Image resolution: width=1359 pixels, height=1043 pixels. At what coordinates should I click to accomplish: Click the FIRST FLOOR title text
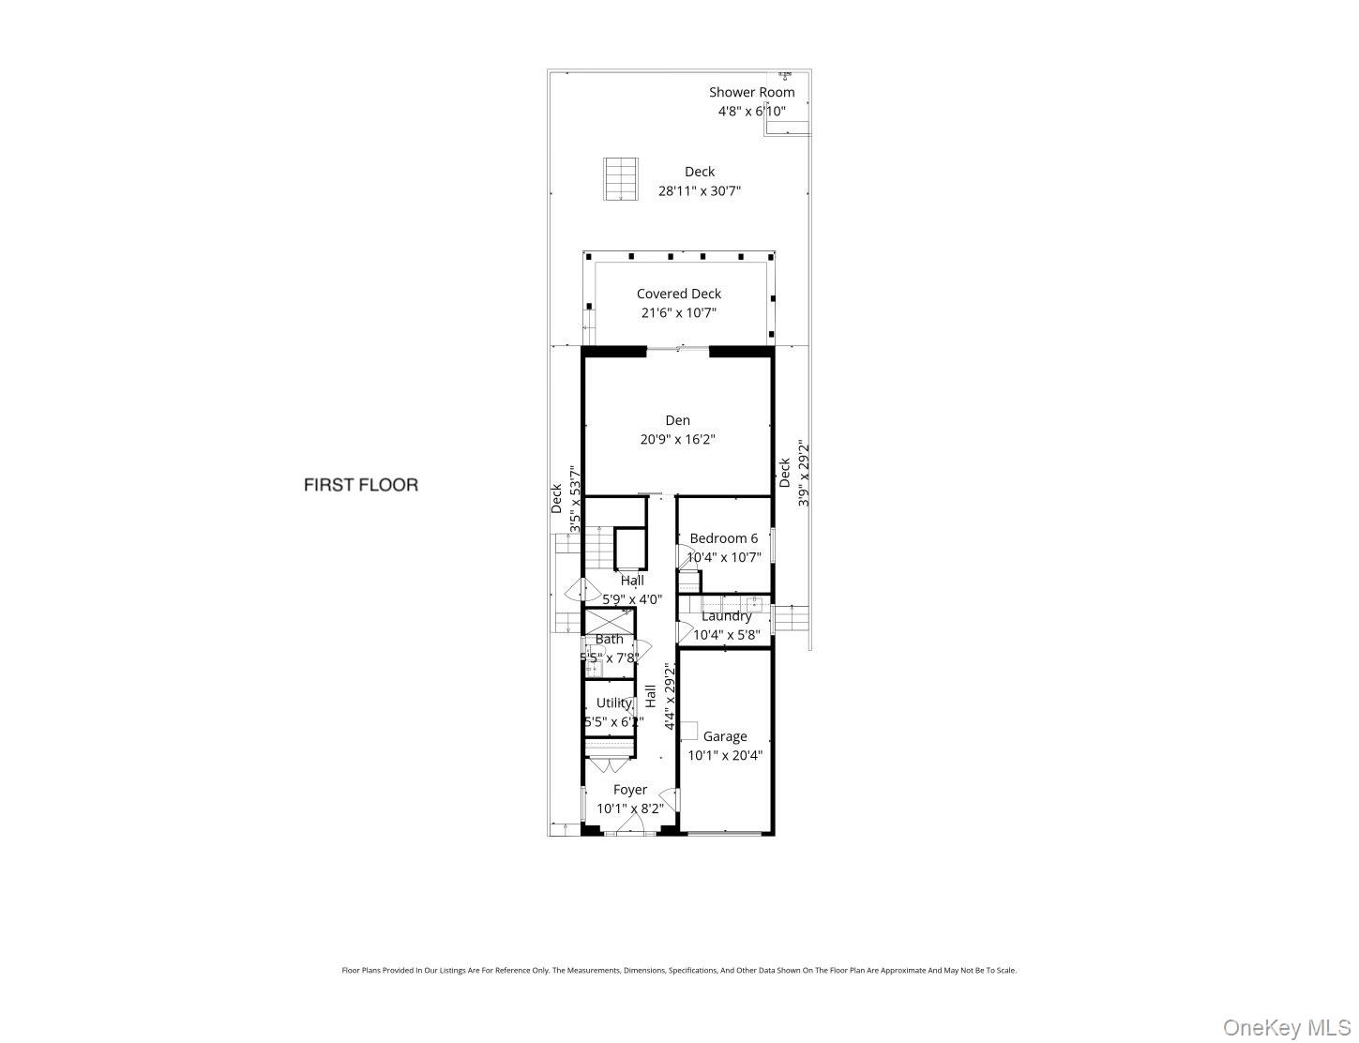tap(360, 485)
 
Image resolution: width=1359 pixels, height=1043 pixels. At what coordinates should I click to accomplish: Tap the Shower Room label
tap(751, 92)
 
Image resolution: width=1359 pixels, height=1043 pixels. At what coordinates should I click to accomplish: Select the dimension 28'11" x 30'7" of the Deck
tap(700, 190)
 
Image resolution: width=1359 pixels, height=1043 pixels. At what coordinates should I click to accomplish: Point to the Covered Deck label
tap(678, 294)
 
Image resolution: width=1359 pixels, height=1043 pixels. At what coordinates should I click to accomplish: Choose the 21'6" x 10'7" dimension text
tap(678, 313)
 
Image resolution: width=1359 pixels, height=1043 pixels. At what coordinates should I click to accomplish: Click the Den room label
tap(677, 420)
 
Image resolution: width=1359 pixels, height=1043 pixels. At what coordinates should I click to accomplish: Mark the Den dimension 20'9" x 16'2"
tap(677, 439)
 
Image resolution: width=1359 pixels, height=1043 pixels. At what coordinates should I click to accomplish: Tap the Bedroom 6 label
tap(723, 538)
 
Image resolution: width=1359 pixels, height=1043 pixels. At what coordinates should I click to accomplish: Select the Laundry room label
tap(727, 616)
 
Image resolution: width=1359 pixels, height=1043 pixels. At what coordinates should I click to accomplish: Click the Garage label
tap(725, 736)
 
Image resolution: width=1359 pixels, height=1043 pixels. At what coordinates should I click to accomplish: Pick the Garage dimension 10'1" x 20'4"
tap(725, 755)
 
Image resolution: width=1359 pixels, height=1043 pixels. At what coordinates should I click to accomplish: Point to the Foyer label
tap(629, 790)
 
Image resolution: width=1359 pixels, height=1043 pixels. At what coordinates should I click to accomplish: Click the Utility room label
tap(613, 703)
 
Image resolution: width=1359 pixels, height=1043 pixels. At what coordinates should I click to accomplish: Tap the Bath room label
tap(609, 639)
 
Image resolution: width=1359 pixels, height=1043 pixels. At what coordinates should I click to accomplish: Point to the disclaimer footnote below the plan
tap(678, 971)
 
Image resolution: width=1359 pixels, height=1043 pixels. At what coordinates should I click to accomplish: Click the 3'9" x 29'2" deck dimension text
tap(803, 474)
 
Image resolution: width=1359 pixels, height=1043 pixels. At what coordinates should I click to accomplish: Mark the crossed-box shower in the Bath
tap(609, 620)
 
